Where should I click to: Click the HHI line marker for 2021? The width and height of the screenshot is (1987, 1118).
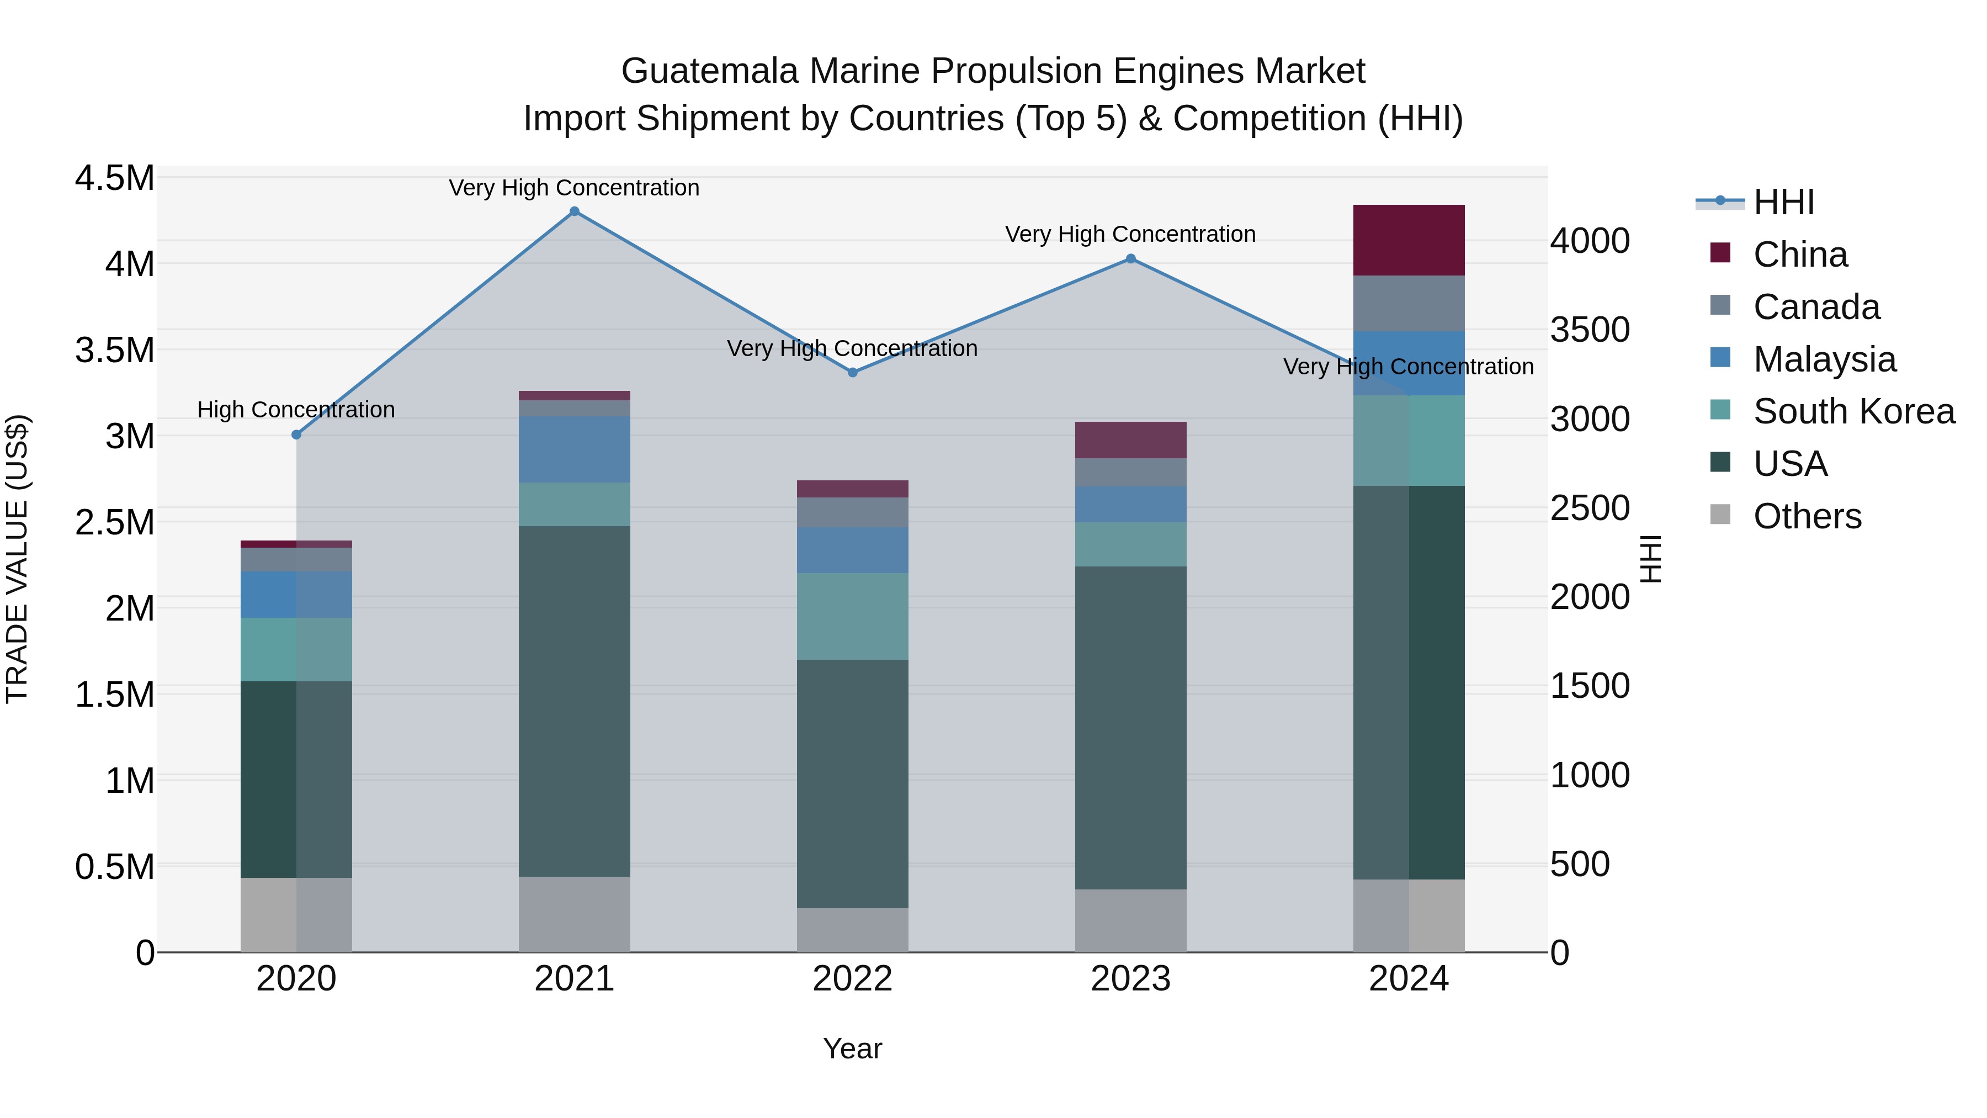click(574, 211)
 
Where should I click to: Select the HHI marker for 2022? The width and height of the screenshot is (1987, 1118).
click(852, 373)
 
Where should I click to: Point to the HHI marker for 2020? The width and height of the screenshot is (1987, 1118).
click(296, 435)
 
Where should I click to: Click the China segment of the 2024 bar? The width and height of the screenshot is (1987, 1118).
click(1409, 240)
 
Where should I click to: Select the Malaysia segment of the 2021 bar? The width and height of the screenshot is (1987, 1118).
click(574, 450)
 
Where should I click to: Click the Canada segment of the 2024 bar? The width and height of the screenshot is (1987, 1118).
click(1409, 303)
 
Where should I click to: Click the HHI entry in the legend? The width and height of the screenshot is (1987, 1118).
click(1783, 202)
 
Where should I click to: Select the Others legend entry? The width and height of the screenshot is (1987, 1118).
click(1807, 516)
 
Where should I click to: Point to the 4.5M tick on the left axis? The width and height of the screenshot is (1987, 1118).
click(114, 178)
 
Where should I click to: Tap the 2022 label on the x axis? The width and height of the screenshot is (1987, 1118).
click(852, 979)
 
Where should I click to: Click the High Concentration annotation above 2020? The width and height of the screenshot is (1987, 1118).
click(296, 410)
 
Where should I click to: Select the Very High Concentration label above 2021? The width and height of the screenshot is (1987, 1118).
click(574, 188)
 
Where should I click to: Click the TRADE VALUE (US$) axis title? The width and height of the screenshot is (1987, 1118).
click(17, 559)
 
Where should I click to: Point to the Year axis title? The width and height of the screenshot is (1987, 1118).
click(852, 1048)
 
